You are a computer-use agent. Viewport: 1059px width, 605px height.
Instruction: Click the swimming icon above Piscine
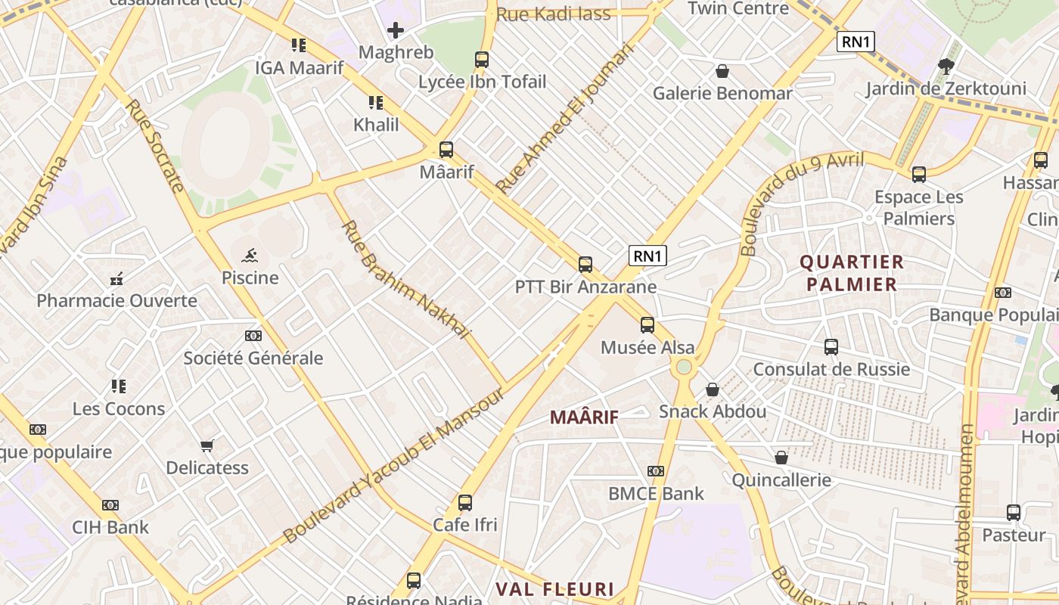(x=250, y=256)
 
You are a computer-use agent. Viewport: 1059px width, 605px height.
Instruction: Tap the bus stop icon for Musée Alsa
(x=648, y=325)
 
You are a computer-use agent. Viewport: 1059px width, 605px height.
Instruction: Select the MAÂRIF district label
(x=584, y=417)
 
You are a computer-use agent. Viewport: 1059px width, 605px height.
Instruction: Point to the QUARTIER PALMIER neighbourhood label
(x=852, y=273)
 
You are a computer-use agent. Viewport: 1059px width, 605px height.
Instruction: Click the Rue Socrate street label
(x=156, y=146)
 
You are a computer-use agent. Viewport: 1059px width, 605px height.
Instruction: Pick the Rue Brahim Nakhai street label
(x=406, y=280)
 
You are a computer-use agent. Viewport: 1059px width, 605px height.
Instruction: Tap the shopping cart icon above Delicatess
(x=207, y=445)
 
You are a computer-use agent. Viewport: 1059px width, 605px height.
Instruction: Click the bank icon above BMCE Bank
(x=656, y=471)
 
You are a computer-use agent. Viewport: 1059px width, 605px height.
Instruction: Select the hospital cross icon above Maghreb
(x=396, y=30)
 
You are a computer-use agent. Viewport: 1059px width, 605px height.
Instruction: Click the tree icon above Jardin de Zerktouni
(x=946, y=66)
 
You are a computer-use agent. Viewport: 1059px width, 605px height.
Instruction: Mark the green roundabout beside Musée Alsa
(x=684, y=367)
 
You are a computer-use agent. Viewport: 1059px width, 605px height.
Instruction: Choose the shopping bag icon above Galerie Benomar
(x=722, y=71)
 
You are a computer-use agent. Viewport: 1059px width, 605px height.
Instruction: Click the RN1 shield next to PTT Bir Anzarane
(x=648, y=256)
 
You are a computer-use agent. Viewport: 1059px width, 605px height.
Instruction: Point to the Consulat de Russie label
(x=831, y=369)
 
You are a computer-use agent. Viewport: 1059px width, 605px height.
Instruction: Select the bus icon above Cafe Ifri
(x=465, y=503)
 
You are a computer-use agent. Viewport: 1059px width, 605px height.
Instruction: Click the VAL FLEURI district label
(x=554, y=588)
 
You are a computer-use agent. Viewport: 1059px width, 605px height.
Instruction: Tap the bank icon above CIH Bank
(x=110, y=505)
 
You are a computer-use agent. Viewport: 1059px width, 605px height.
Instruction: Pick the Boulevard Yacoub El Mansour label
(x=394, y=466)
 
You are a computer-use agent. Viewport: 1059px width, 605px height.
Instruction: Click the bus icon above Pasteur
(x=1014, y=513)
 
